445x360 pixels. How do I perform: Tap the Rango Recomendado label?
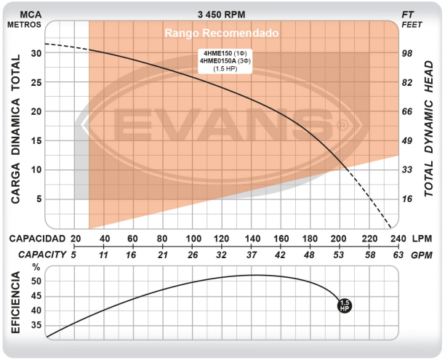tap(221, 33)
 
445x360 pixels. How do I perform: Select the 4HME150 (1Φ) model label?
tap(225, 53)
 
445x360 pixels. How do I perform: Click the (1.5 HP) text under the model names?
tap(225, 69)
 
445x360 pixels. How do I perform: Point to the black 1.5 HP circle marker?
tap(345, 305)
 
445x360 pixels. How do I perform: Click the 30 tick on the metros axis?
tap(36, 53)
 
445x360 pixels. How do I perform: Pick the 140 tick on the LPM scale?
tap(252, 239)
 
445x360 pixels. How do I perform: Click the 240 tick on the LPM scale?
tap(398, 239)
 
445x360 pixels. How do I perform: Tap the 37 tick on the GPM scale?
tap(252, 255)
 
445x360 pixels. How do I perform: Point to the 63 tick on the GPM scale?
tap(398, 255)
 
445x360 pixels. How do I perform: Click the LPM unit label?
tap(422, 239)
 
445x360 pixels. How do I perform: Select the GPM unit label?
tap(422, 255)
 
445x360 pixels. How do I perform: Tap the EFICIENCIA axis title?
tap(15, 301)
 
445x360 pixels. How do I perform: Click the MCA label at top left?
tap(24, 13)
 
